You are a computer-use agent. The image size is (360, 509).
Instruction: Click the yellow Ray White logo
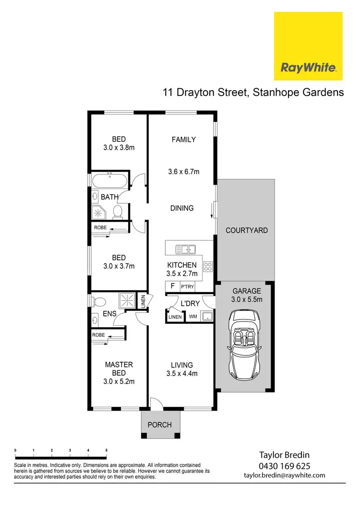click(x=308, y=46)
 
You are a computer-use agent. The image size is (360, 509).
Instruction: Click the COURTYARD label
click(x=247, y=230)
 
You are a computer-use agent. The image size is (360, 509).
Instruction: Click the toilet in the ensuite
click(x=99, y=302)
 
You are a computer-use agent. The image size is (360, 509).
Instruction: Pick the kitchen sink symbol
click(x=186, y=249)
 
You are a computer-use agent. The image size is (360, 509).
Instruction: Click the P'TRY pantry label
click(x=187, y=287)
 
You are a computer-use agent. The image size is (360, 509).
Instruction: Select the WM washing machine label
click(x=193, y=317)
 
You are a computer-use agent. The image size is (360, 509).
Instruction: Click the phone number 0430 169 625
click(x=284, y=466)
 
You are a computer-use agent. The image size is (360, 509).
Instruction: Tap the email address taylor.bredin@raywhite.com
click(x=284, y=475)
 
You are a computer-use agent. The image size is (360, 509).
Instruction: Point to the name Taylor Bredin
click(x=284, y=455)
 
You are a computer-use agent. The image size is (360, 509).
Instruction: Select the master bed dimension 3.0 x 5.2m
click(x=119, y=382)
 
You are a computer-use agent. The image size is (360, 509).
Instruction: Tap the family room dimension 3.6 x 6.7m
click(x=183, y=171)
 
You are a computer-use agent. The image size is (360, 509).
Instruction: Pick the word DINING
click(x=182, y=208)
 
